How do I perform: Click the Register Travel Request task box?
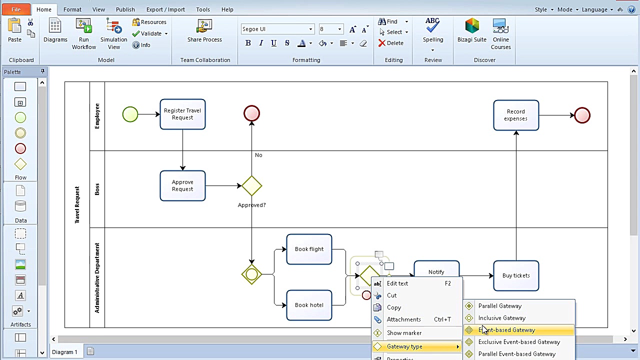click(x=182, y=114)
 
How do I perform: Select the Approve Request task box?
click(x=182, y=185)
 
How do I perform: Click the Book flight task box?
click(x=309, y=249)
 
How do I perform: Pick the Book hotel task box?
click(x=309, y=305)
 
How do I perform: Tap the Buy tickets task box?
click(x=516, y=275)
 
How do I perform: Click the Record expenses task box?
click(x=516, y=115)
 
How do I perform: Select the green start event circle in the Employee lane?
click(x=130, y=114)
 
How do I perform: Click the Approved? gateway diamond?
click(x=251, y=186)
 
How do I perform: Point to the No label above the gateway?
click(x=258, y=155)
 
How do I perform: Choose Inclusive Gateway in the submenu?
click(x=502, y=318)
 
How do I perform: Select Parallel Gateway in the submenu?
click(x=500, y=306)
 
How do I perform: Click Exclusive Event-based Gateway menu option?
click(x=519, y=342)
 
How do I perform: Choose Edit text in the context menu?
click(x=397, y=283)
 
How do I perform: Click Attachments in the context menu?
click(x=403, y=319)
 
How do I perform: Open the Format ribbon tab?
click(x=72, y=9)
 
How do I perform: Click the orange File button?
click(x=16, y=9)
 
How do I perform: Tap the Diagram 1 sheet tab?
click(x=65, y=352)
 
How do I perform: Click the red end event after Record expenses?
click(x=582, y=115)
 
